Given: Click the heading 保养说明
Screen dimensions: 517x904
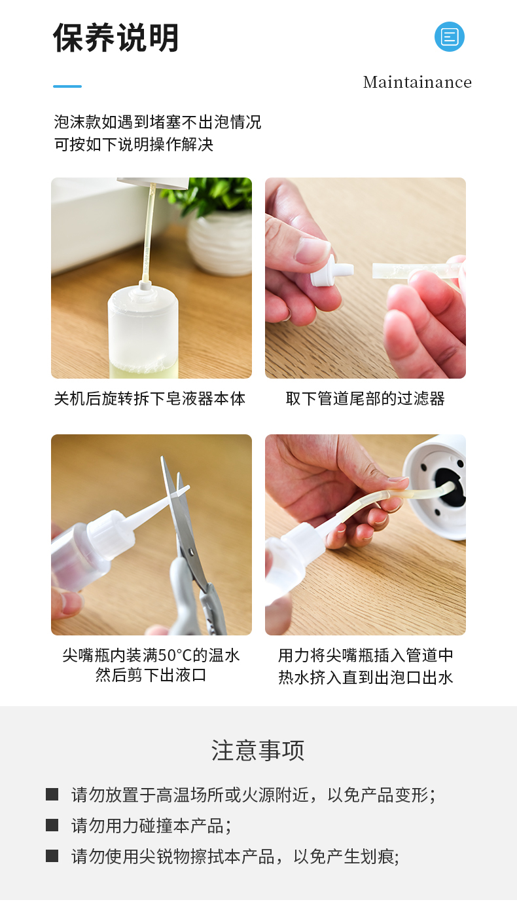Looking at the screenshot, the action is tap(116, 37).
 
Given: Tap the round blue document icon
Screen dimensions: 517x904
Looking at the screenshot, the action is tap(449, 37).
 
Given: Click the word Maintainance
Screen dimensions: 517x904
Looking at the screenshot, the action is tap(417, 82).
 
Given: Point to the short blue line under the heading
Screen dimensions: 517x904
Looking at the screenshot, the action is tap(67, 86).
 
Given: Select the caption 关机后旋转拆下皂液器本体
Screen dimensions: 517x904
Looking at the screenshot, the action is tap(150, 399).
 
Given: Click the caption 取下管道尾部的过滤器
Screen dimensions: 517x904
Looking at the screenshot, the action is tap(365, 399).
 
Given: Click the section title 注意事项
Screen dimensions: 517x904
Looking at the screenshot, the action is tap(258, 750).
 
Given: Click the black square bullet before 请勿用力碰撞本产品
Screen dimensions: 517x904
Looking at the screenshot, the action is tap(52, 825).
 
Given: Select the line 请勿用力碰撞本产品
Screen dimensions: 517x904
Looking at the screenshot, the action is tap(151, 825).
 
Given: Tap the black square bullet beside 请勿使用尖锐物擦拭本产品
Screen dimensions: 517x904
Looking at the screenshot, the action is tap(52, 856).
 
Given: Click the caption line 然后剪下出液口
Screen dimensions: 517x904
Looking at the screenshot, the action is tap(151, 675).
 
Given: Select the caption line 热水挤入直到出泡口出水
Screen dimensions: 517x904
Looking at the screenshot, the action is tap(366, 677).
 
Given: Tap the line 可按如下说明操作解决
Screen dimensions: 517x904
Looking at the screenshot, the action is tap(134, 145).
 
